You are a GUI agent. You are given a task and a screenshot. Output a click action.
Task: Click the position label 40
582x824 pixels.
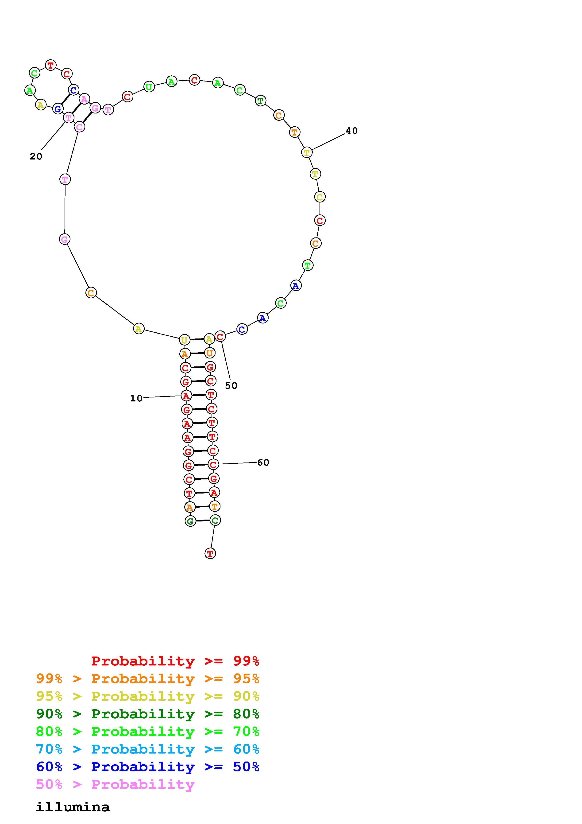click(x=351, y=131)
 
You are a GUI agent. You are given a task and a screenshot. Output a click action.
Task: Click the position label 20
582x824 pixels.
click(x=36, y=156)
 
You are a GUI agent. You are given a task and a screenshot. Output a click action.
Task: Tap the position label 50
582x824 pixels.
click(x=231, y=386)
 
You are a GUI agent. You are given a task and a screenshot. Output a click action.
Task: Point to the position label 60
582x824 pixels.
click(x=263, y=463)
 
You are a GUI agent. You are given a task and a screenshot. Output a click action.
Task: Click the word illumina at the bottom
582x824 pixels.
click(x=73, y=807)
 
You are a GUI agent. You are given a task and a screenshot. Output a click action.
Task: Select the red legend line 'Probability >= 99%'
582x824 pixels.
click(x=175, y=661)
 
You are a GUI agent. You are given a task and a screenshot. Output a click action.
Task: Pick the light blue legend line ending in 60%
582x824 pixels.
click(x=148, y=749)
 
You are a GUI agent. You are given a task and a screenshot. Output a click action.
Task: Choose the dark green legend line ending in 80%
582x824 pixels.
click(x=148, y=714)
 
